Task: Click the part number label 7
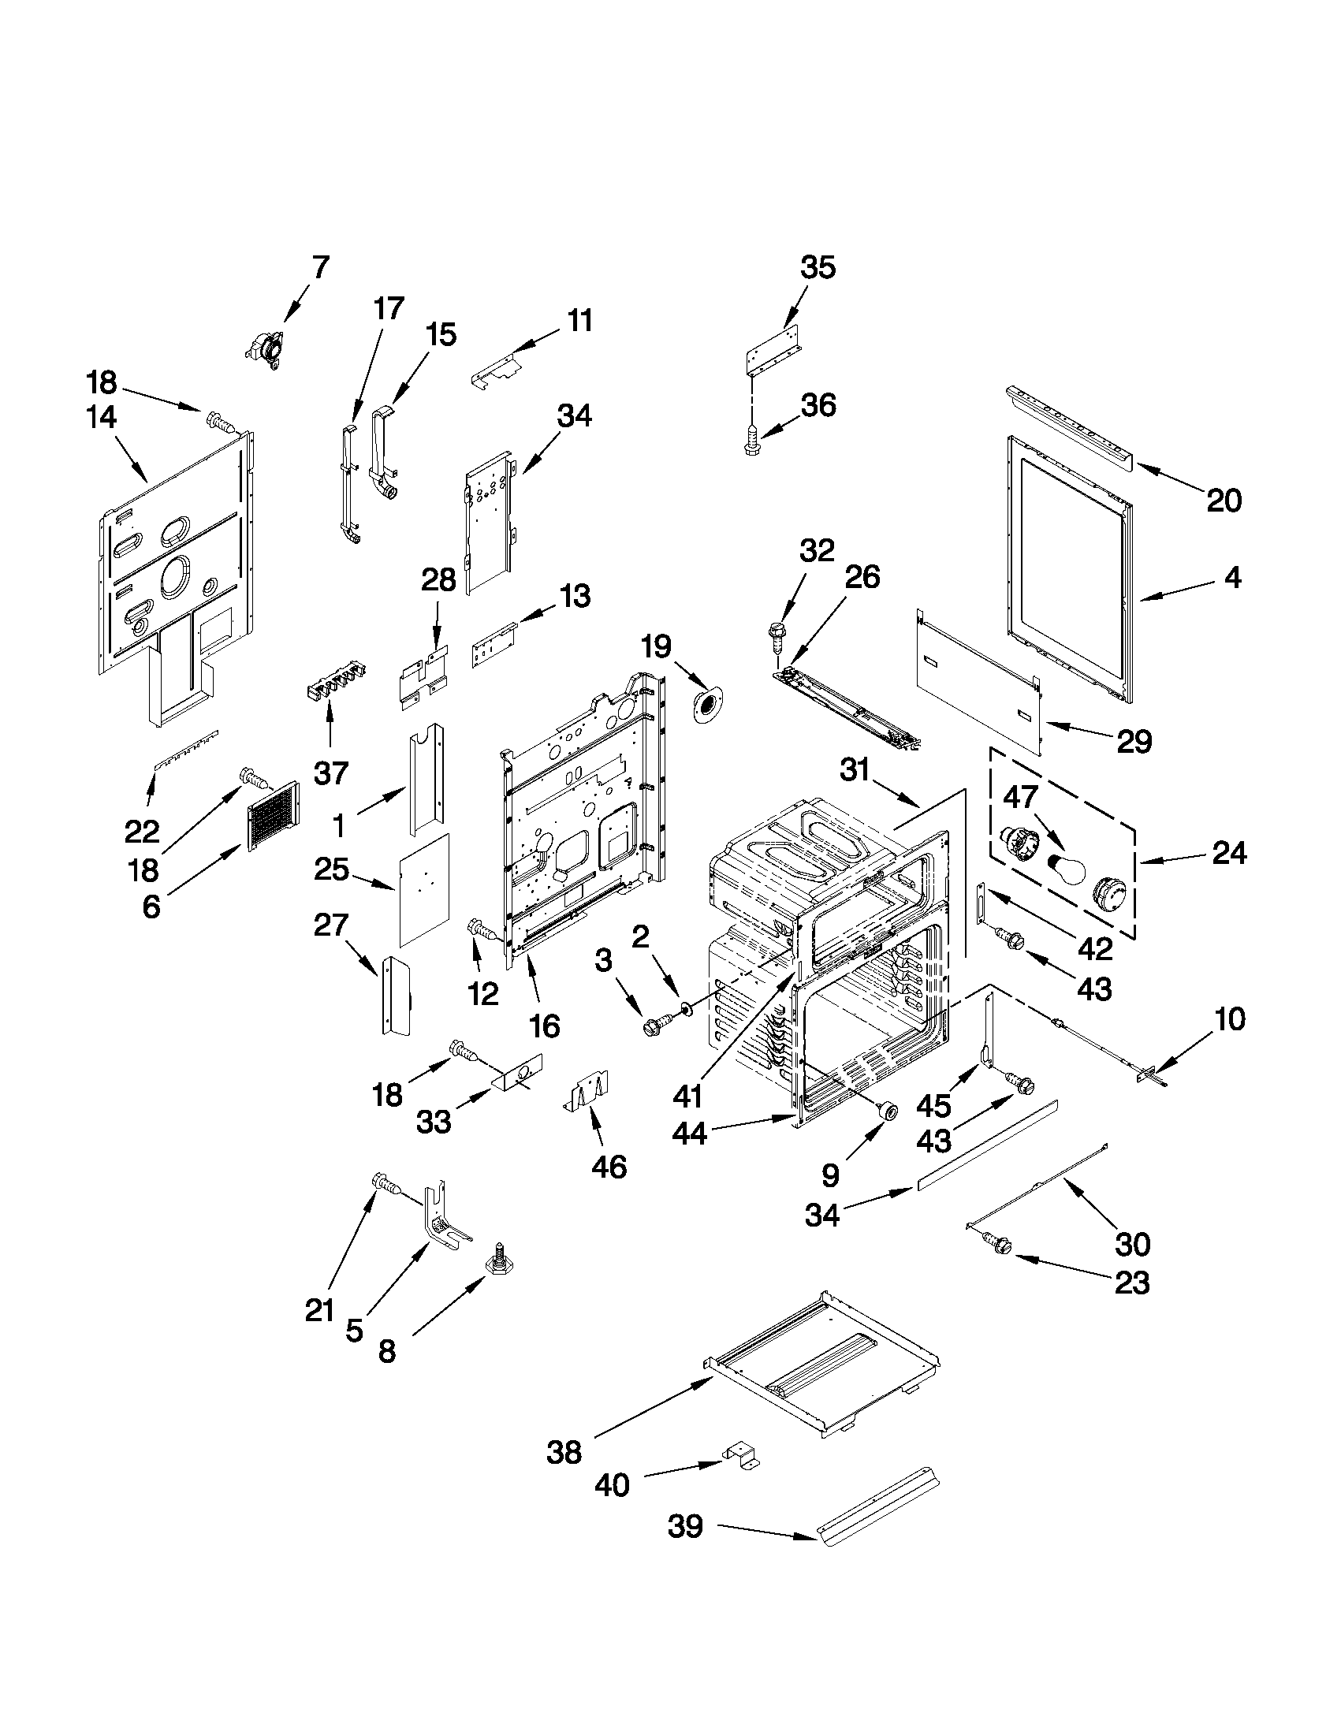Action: pos(319,268)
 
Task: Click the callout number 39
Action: pos(685,1526)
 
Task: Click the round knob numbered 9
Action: pos(887,1111)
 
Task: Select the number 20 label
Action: pos(1223,501)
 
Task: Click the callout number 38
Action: pos(564,1452)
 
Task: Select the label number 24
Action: pos(1229,853)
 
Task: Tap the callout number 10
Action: pos(1229,1018)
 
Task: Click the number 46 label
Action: pos(609,1166)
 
